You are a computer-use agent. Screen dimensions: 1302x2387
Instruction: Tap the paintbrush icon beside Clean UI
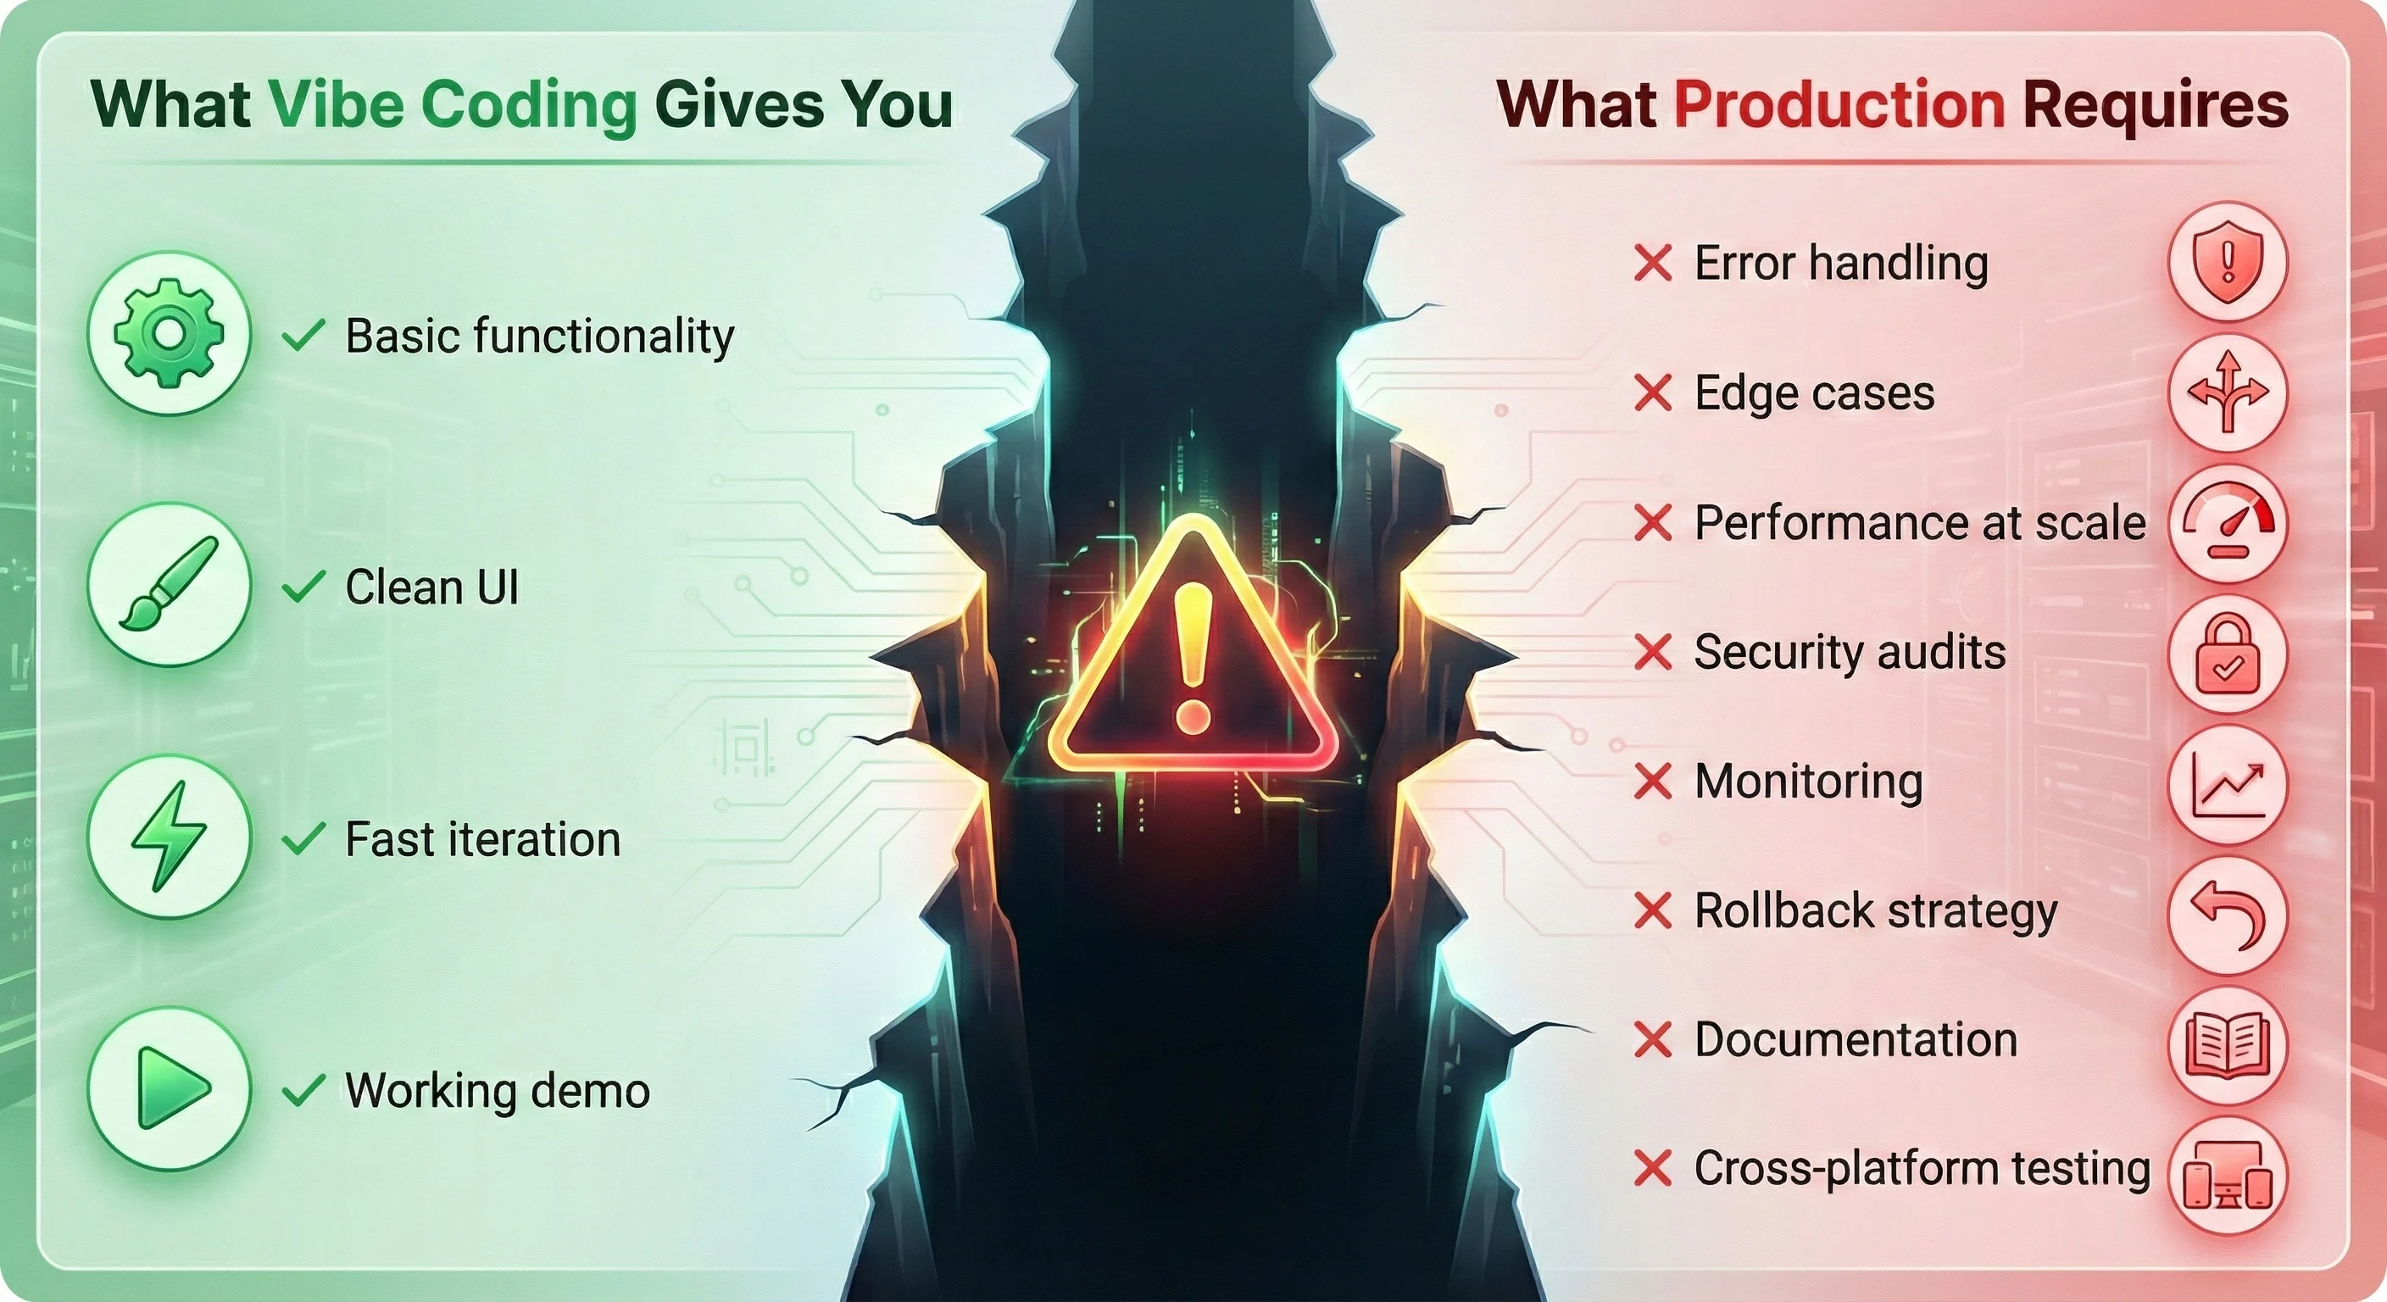[x=169, y=585]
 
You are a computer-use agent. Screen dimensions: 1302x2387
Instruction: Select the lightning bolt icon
[x=169, y=837]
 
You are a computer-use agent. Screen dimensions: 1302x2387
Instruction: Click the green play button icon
[x=169, y=1089]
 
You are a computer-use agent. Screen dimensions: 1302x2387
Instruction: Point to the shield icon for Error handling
[x=2228, y=263]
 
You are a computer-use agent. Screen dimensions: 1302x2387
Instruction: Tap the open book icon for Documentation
[x=2228, y=1045]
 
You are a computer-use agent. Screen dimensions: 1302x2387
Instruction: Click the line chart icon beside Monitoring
[x=2228, y=785]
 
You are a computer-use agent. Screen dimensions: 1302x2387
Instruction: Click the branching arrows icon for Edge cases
[x=2228, y=393]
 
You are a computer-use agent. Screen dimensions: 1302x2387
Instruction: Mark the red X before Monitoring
[x=1653, y=782]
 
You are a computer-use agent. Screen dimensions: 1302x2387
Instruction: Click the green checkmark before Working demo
[x=303, y=1091]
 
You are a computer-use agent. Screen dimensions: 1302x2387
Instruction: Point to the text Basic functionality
[x=539, y=336]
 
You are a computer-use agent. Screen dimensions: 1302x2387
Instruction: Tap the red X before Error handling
[x=1653, y=263]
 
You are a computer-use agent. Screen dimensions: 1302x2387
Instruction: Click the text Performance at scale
[x=1919, y=523]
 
